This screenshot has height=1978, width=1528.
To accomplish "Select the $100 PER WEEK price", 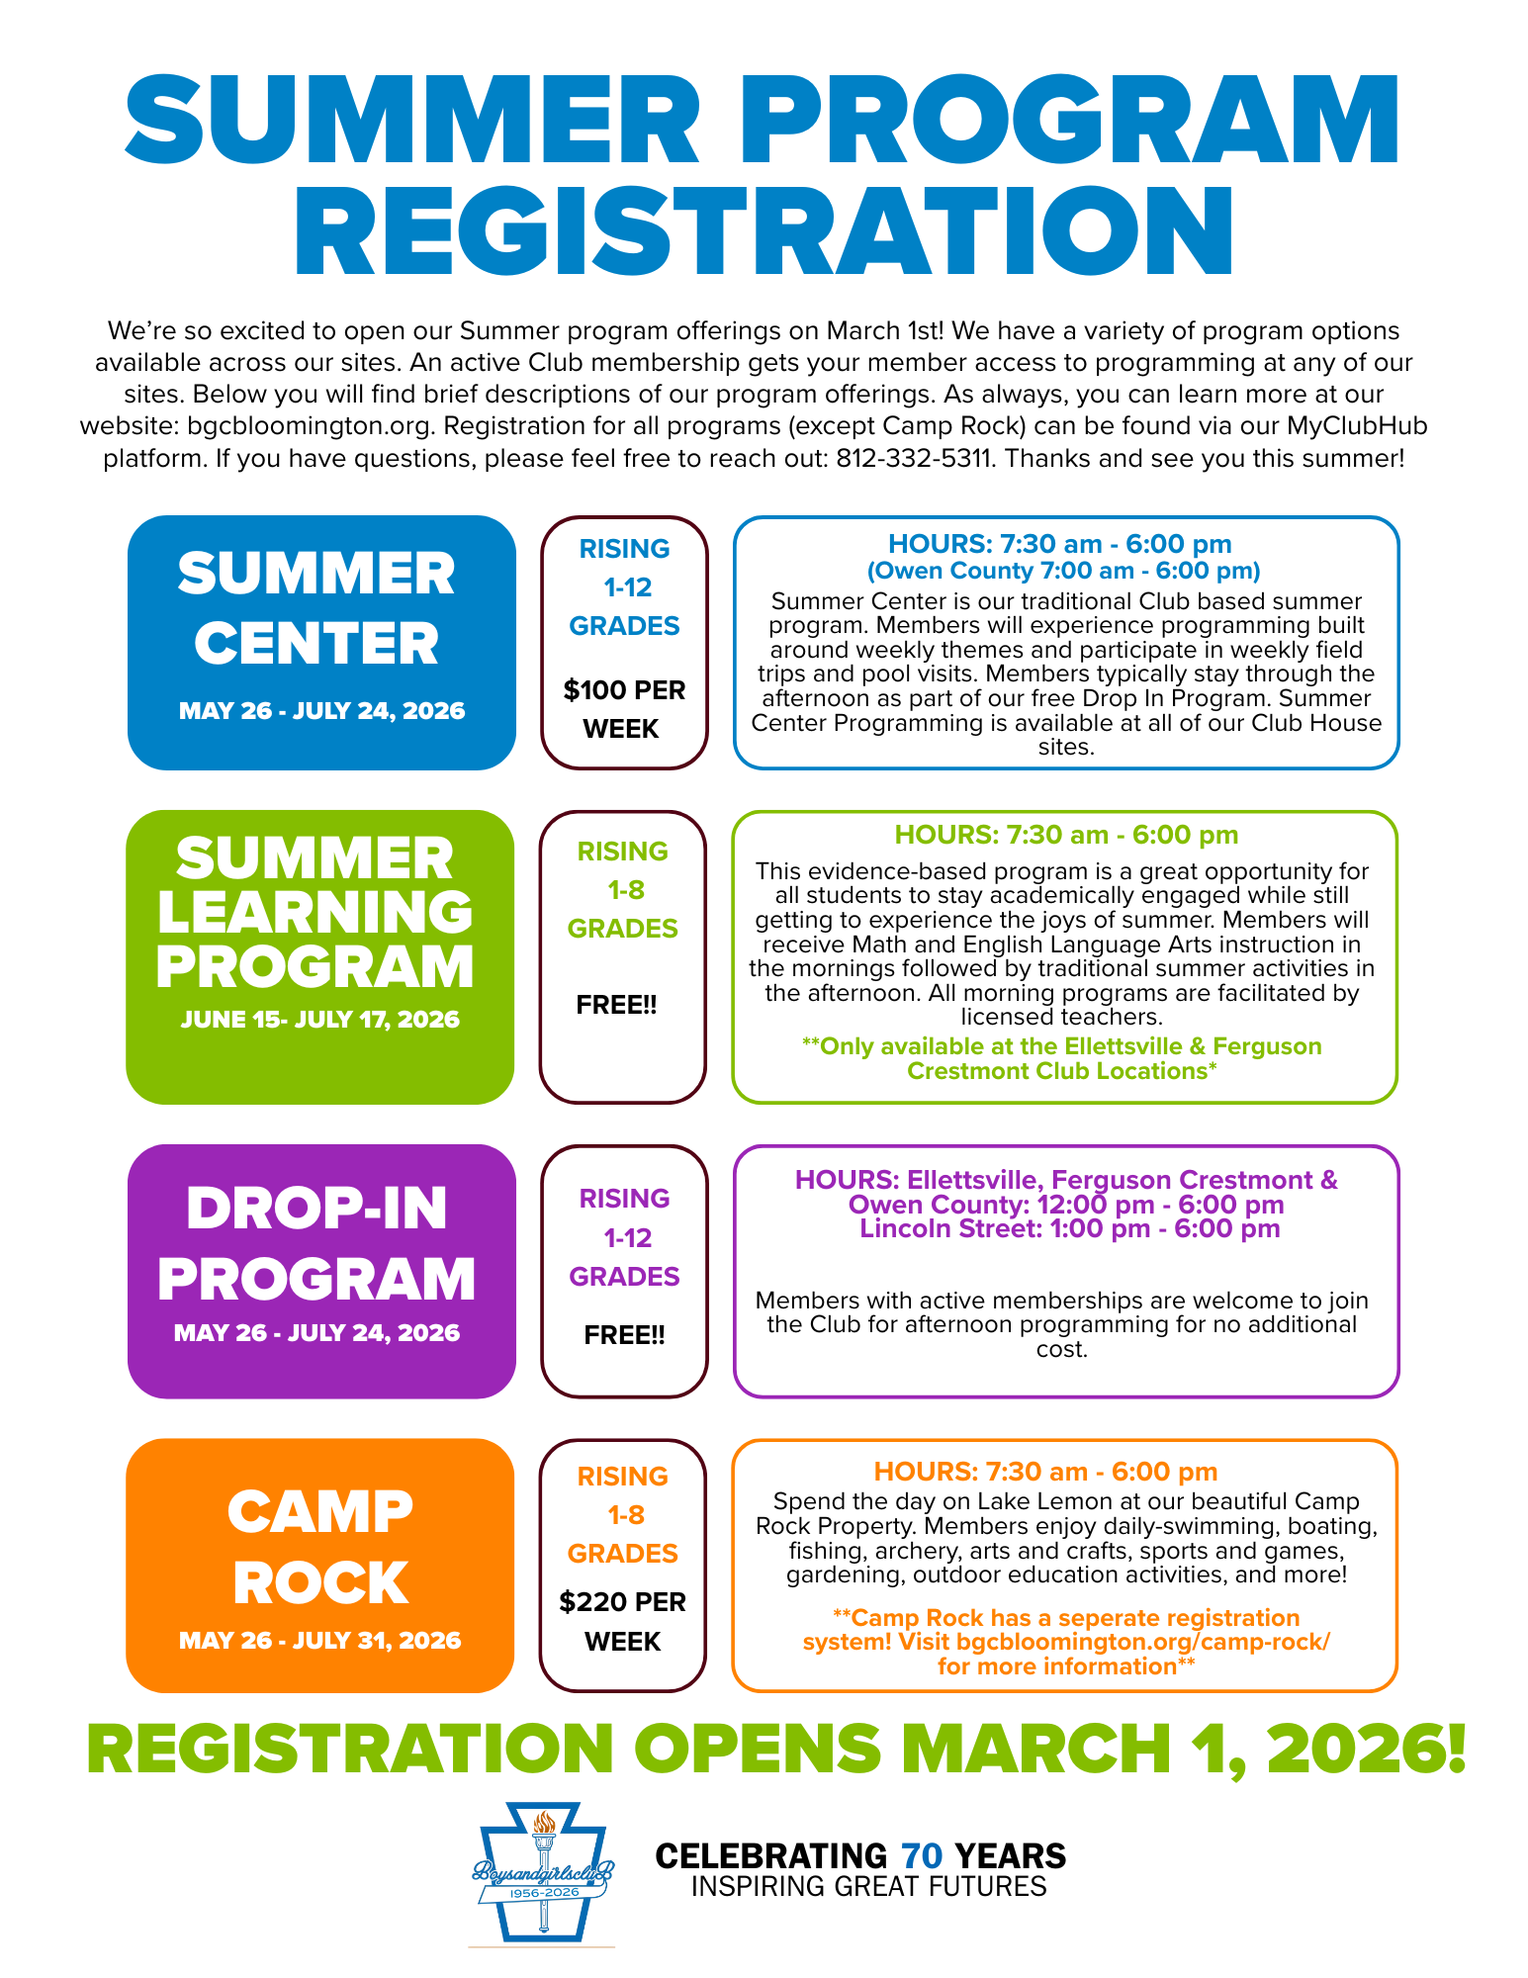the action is [x=624, y=709].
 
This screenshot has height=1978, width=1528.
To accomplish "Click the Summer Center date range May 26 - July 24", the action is [x=321, y=711].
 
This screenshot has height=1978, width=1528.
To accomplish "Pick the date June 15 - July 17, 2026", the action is [x=319, y=1020].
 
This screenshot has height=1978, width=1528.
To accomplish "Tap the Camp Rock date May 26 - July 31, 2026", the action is [x=319, y=1640].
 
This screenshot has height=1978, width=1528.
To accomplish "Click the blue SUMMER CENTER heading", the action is [x=316, y=608].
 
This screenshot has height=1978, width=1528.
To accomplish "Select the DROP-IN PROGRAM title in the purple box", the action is [x=316, y=1242].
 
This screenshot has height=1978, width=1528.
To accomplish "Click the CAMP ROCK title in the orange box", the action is [x=320, y=1546].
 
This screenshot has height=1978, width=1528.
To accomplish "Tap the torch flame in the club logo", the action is [x=543, y=1822].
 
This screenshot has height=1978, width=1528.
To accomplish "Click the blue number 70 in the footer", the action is [x=922, y=1856].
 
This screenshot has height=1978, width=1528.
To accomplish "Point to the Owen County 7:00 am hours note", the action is [x=1063, y=571].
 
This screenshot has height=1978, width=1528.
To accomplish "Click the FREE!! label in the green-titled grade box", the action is [x=616, y=1006].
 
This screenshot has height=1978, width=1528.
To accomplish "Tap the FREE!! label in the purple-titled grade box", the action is [x=624, y=1335].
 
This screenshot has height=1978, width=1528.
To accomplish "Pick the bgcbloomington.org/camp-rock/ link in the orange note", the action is [x=1143, y=1642].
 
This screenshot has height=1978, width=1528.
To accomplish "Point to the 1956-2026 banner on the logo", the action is [x=543, y=1892].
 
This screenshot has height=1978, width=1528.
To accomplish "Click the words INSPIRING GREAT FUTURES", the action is [x=868, y=1887].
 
